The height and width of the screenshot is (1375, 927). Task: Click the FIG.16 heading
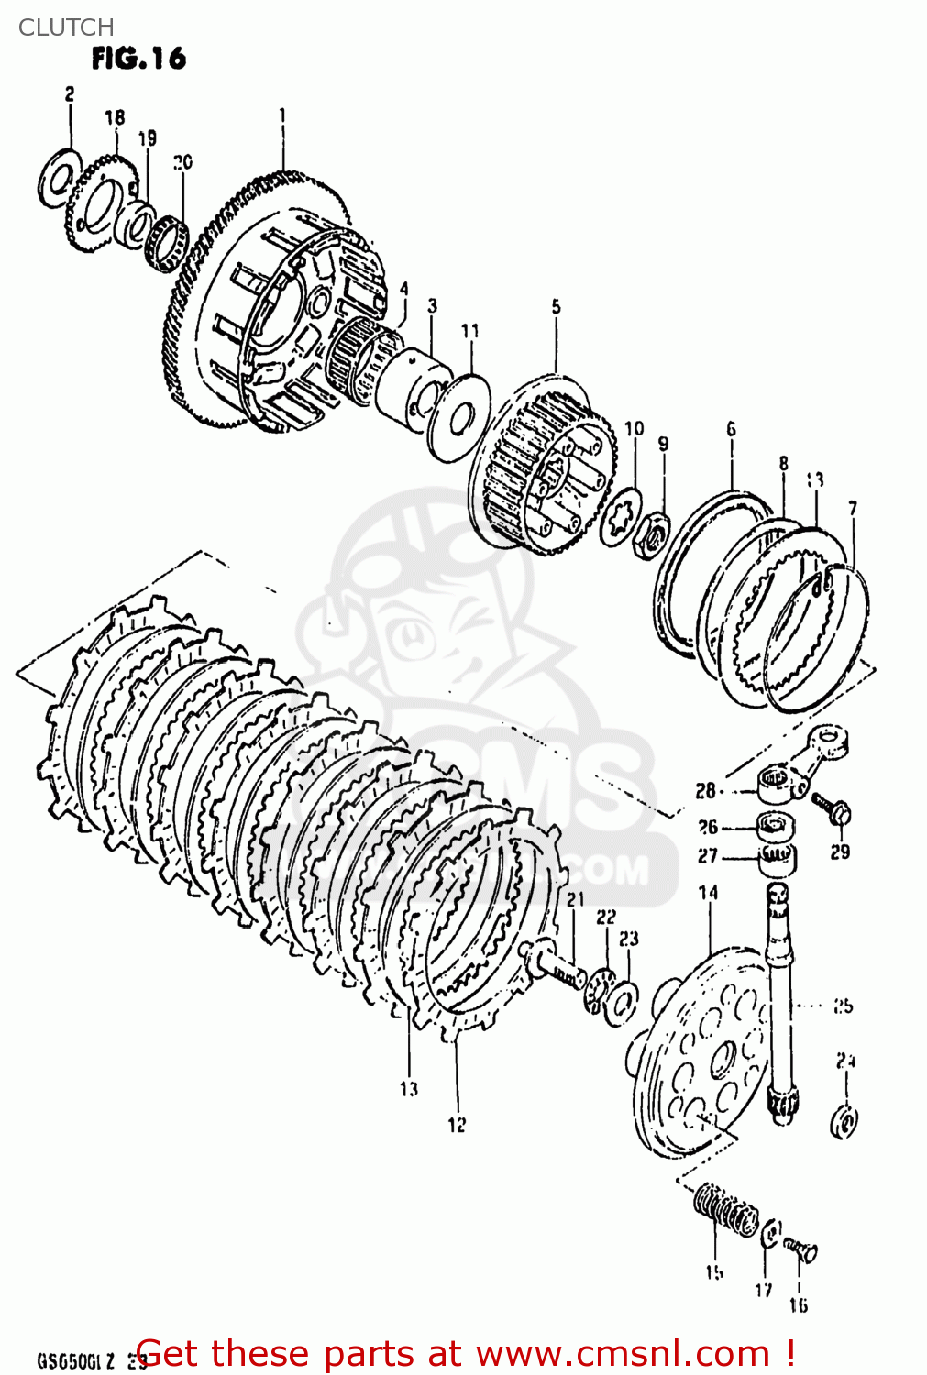138,59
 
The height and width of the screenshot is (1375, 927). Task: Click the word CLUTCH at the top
66,27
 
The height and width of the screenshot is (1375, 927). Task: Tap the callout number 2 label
70,93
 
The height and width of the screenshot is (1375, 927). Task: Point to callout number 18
115,117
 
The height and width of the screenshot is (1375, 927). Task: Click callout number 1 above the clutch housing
282,115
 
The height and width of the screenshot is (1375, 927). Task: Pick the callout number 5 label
556,307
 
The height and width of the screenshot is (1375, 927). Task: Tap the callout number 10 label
635,428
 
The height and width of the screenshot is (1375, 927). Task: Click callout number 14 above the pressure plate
708,893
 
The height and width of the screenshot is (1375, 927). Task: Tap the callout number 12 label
457,1125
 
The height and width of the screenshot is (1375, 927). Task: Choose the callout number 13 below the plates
409,1089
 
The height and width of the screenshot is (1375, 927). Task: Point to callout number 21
575,899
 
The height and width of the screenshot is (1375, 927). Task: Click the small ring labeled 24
844,1121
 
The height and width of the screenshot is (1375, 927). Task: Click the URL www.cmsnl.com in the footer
624,1354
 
